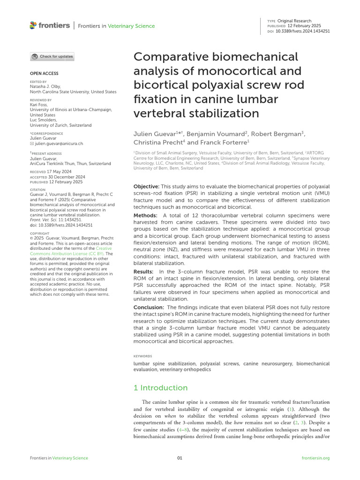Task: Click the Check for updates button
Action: pyautogui.click(x=52, y=57)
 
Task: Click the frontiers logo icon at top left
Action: pyautogui.click(x=33, y=25)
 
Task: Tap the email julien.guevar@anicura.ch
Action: pyautogui.click(x=59, y=144)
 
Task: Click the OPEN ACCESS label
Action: pyautogui.click(x=44, y=74)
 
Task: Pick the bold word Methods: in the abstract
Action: pyautogui.click(x=146, y=215)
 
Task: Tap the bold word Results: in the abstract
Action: pyautogui.click(x=143, y=272)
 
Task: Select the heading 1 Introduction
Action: pyautogui.click(x=160, y=388)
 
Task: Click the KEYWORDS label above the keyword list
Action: pyautogui.click(x=142, y=356)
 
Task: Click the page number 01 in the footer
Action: pyautogui.click(x=180, y=458)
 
